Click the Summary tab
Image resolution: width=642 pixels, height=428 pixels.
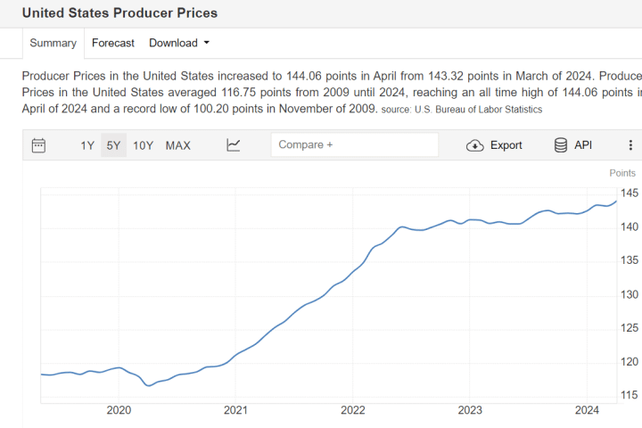[53, 43]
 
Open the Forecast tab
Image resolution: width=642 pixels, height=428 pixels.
[113, 43]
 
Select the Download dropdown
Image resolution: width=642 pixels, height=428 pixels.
[178, 43]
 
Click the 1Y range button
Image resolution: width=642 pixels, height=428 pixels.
[87, 145]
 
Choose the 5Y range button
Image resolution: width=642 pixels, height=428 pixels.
[113, 145]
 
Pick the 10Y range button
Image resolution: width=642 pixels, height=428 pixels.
[143, 145]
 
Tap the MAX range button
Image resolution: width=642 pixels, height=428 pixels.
[177, 145]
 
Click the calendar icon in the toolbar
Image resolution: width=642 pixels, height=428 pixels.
[38, 145]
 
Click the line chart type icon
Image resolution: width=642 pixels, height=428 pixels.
[234, 145]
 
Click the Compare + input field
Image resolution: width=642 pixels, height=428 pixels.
[355, 144]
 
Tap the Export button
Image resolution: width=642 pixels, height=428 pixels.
[495, 145]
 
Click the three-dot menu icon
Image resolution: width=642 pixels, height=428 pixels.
[630, 145]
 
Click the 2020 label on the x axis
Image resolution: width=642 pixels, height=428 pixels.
[119, 410]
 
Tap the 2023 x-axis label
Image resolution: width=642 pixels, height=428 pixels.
[470, 410]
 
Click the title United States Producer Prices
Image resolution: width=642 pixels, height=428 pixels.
[119, 13]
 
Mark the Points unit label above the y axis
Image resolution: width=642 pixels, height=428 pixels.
[622, 173]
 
